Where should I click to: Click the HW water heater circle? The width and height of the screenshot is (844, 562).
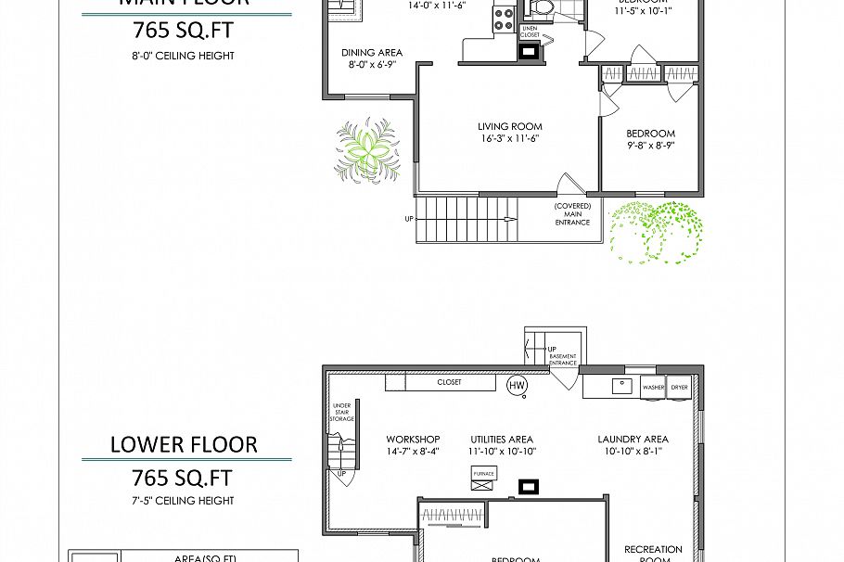pyautogui.click(x=518, y=384)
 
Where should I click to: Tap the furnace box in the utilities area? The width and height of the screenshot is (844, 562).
pyautogui.click(x=483, y=473)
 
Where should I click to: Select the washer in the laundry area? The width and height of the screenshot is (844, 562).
pyautogui.click(x=653, y=387)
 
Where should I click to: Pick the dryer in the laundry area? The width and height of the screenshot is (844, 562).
pyautogui.click(x=680, y=387)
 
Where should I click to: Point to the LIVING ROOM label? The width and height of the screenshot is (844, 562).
pyautogui.click(x=509, y=127)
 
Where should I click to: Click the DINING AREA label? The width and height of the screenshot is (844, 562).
pyautogui.click(x=371, y=53)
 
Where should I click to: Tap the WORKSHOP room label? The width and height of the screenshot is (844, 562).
pyautogui.click(x=413, y=440)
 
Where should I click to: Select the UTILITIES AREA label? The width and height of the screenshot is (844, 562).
pyautogui.click(x=502, y=440)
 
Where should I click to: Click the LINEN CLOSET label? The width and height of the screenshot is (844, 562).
pyautogui.click(x=530, y=32)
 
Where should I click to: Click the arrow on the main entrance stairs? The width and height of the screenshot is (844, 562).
pyautogui.click(x=508, y=220)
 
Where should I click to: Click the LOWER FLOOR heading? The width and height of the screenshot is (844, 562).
pyautogui.click(x=184, y=444)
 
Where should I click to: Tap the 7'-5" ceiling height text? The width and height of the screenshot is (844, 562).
pyautogui.click(x=183, y=501)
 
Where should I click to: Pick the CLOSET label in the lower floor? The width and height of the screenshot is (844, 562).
pyautogui.click(x=449, y=382)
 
